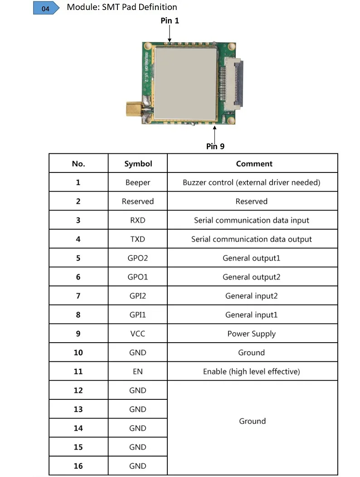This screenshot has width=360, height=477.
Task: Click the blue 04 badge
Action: tap(46, 9)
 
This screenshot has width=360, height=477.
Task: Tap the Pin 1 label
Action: tap(170, 20)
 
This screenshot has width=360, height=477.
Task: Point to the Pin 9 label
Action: tap(215, 146)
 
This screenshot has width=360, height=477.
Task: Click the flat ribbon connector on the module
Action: tap(236, 81)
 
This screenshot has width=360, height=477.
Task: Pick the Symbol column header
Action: tap(138, 164)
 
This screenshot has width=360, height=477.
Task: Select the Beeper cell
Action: tap(138, 182)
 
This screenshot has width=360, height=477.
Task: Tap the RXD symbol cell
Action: tap(138, 220)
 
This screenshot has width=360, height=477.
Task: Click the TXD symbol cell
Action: tap(138, 239)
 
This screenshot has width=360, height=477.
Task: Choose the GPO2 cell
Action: tap(138, 258)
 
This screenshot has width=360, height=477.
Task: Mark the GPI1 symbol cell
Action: tap(138, 315)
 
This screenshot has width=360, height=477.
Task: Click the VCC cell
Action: tap(138, 334)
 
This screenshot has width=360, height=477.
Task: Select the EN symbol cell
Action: tap(138, 371)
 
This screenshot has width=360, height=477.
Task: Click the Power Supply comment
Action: tap(252, 334)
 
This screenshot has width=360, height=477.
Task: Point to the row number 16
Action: tap(78, 466)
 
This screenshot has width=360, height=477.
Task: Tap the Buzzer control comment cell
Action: tap(252, 182)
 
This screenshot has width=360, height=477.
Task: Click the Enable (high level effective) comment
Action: tap(252, 371)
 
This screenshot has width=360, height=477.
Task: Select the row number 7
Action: tap(78, 296)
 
